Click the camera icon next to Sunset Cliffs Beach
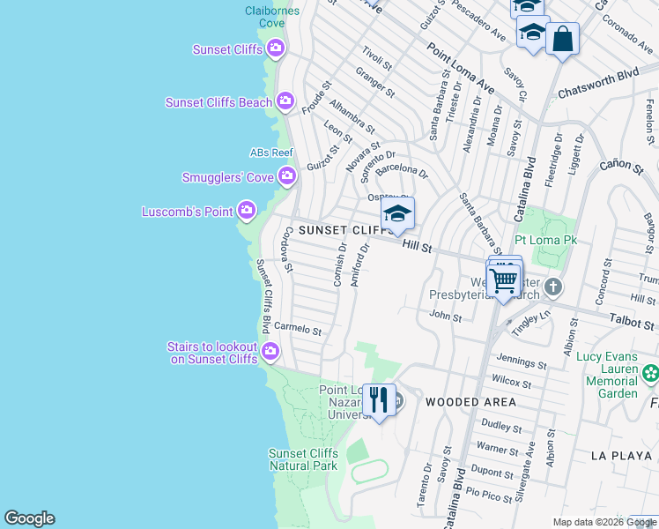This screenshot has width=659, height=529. [x=285, y=102]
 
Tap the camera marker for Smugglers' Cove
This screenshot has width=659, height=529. [x=286, y=177]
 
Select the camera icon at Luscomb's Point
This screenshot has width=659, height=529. [x=247, y=211]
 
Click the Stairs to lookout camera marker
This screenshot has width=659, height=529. [x=270, y=353]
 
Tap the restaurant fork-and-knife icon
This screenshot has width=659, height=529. [x=379, y=400]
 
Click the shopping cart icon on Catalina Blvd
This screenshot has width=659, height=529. [x=504, y=280]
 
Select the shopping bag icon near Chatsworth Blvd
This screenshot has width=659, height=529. [x=562, y=39]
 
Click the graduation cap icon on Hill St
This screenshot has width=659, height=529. [x=397, y=213]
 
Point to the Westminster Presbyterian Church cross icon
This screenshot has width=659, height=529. [x=552, y=287]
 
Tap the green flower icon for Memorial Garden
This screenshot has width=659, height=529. [x=651, y=373]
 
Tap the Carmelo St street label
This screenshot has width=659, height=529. [x=298, y=328]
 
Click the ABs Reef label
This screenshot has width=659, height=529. [x=271, y=153]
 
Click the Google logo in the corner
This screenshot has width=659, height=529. [x=29, y=518]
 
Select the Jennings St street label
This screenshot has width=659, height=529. [x=522, y=361]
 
